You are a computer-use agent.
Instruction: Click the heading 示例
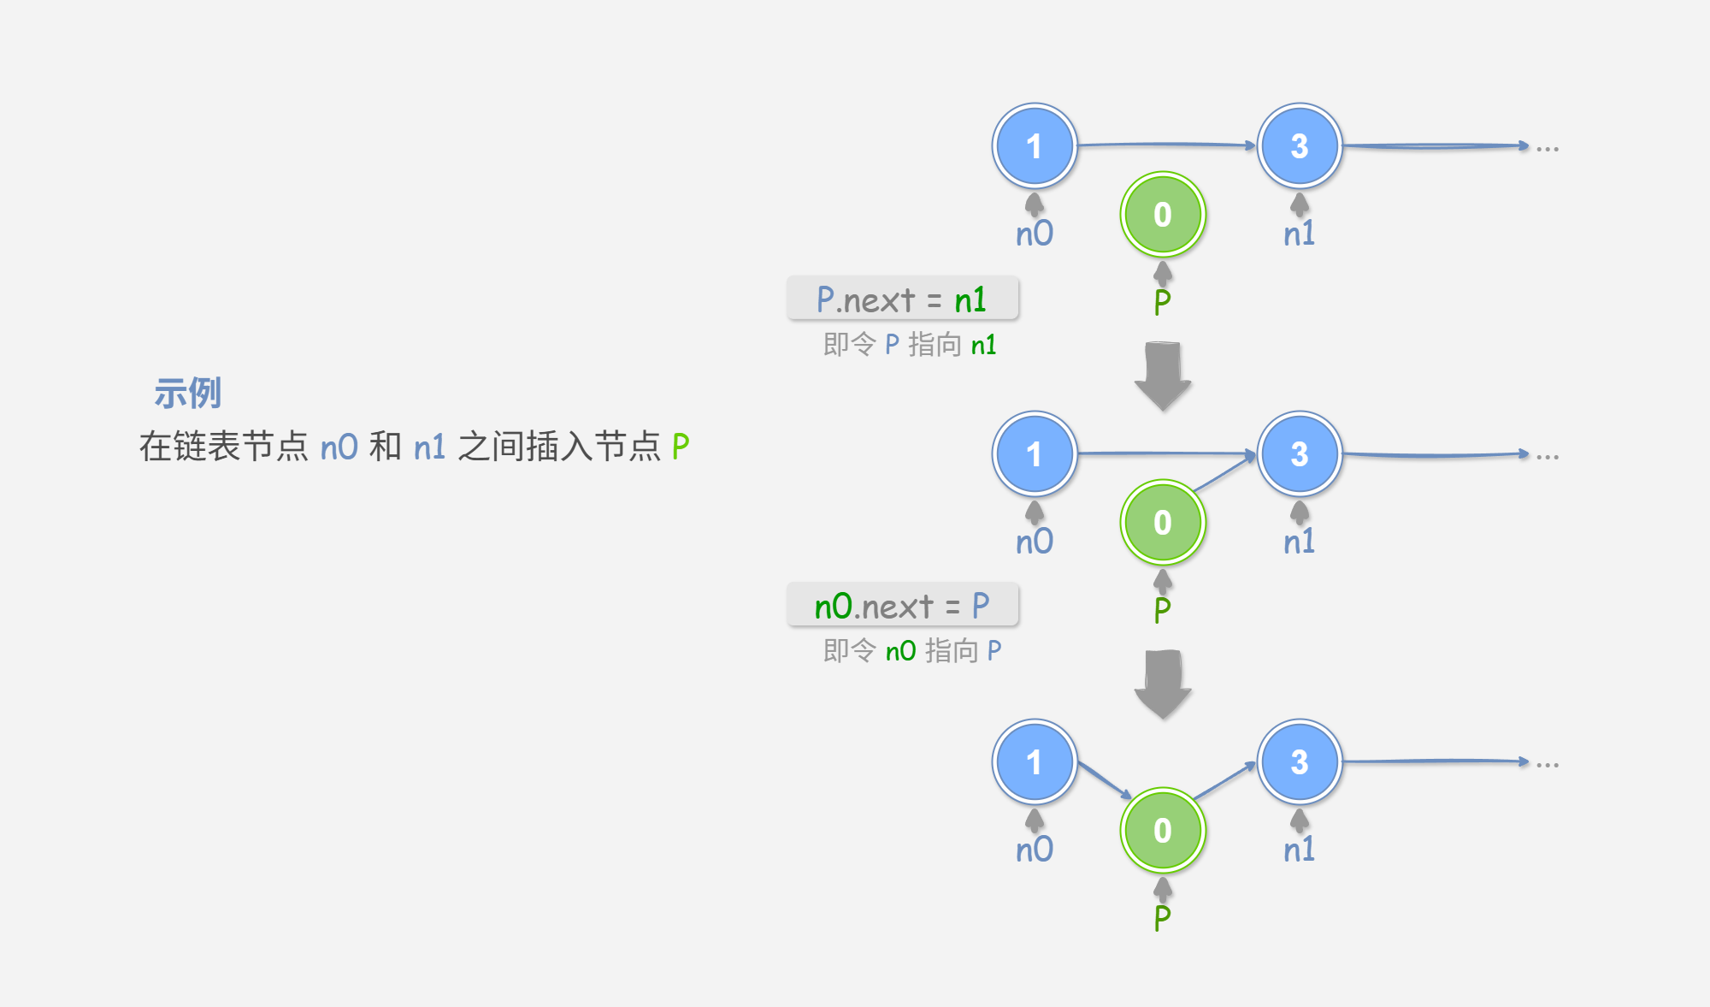187,394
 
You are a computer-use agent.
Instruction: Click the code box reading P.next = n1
902,299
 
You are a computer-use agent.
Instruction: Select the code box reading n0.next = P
902,606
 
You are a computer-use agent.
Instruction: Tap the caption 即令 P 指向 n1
909,345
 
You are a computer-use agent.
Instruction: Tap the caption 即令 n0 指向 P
911,651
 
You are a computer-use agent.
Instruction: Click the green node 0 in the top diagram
1162,215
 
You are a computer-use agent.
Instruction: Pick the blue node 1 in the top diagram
1034,146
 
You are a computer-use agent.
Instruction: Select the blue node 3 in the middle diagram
1299,454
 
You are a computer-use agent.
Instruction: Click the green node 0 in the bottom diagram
1162,831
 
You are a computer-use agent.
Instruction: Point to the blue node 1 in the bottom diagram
1034,762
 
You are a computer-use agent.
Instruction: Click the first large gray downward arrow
1162,376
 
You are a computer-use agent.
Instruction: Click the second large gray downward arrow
1162,684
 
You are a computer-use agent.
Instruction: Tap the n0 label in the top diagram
1034,234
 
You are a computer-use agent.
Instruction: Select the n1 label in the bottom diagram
1299,850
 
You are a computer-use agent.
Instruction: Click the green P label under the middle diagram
1162,610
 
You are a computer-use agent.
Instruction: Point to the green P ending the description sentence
681,447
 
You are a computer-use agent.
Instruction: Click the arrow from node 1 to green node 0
1104,779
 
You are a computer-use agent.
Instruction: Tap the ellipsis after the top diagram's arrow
1547,149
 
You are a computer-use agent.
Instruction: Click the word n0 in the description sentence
339,447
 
